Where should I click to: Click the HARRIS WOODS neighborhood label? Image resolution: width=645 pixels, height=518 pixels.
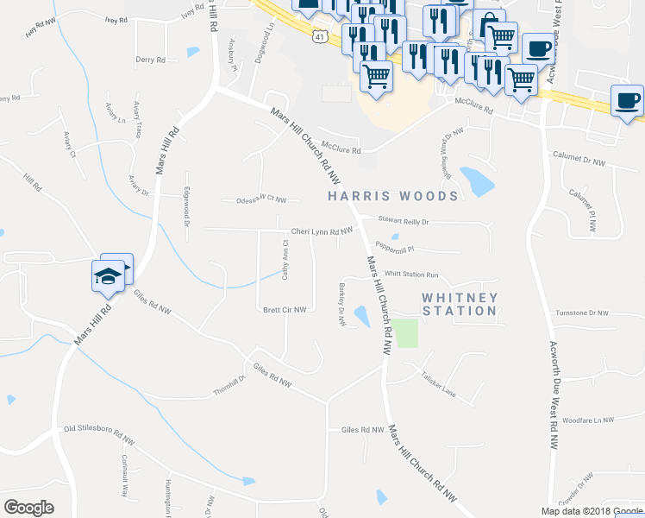(x=393, y=196)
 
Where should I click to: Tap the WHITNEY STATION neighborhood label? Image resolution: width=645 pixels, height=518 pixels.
(x=460, y=304)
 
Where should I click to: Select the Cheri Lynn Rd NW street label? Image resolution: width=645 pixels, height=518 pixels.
(x=322, y=231)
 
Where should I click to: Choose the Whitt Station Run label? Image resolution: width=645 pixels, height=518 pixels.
(x=412, y=274)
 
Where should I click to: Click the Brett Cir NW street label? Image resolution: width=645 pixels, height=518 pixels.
(x=285, y=310)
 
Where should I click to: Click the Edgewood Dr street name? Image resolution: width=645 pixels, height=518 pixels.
(x=186, y=206)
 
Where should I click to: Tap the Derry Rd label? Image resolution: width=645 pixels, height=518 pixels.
(x=150, y=60)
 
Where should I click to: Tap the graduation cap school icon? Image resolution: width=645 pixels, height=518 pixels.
(x=107, y=276)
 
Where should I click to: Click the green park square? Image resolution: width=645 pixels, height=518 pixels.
(x=406, y=333)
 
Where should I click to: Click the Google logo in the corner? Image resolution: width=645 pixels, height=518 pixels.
(x=28, y=508)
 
